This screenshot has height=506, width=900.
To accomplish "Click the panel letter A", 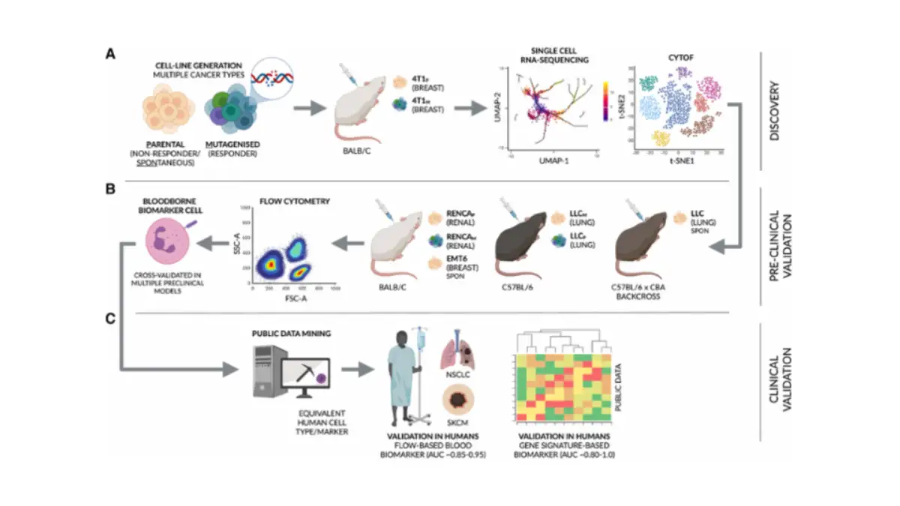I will [x=110, y=54].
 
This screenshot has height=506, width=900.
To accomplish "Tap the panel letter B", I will [x=110, y=190].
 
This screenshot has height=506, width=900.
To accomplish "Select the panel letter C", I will [x=110, y=318].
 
